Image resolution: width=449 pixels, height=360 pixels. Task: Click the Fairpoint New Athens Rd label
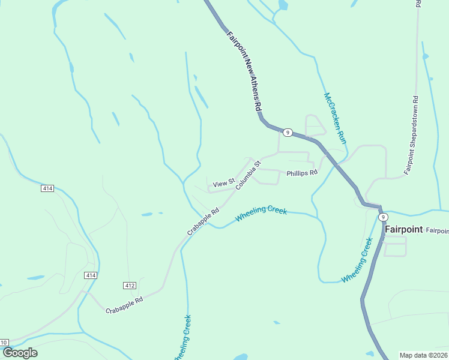tap(244, 71)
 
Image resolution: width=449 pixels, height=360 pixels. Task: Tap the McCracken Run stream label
tap(336, 118)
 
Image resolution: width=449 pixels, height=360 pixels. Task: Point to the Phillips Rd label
tap(301, 173)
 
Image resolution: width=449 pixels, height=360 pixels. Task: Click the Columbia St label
tap(249, 175)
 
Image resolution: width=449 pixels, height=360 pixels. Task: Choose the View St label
tap(223, 182)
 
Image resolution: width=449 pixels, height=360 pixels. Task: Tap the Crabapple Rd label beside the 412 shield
tap(124, 305)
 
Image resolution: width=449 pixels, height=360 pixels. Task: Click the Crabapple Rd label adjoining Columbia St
tap(203, 221)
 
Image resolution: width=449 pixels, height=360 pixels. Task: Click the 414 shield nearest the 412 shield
tap(90, 275)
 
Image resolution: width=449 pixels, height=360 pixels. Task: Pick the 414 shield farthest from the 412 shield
tap(48, 188)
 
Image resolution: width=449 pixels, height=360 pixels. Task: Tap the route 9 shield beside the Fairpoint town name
tap(382, 216)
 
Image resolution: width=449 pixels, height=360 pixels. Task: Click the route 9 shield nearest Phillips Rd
tap(288, 133)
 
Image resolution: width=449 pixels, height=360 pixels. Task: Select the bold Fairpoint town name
tap(404, 229)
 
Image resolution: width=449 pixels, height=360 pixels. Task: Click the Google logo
tap(20, 353)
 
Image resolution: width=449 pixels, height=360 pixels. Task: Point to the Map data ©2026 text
tap(424, 355)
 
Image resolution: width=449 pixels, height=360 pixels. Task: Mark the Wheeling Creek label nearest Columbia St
tap(261, 214)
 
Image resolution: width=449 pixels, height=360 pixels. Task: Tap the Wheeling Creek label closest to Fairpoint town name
tap(357, 260)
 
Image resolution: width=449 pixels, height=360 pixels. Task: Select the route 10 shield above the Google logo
tap(4, 343)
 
